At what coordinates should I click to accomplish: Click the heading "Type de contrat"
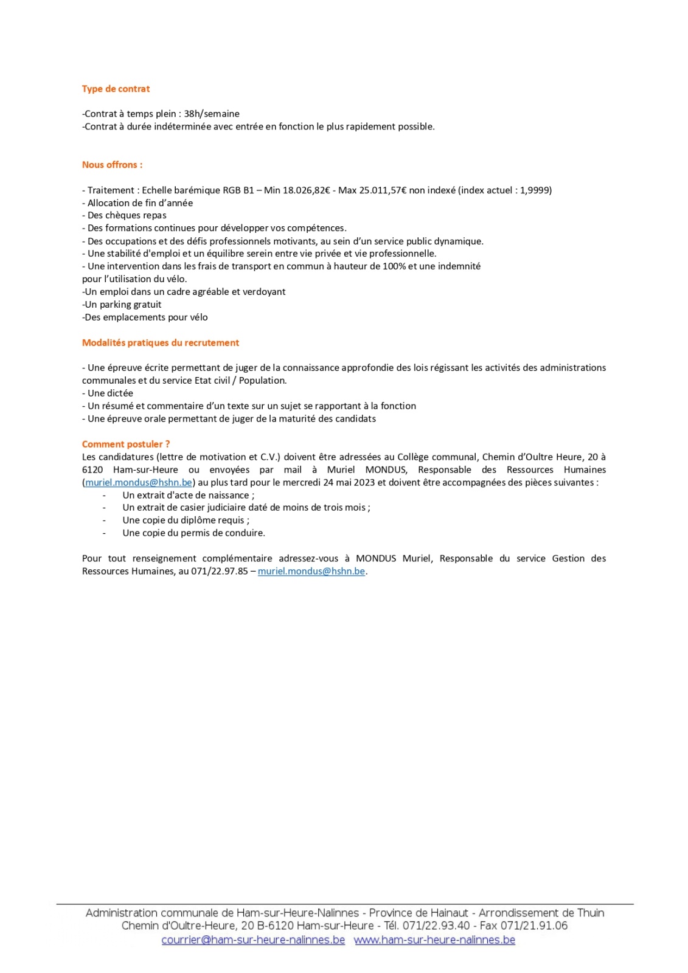[x=116, y=89]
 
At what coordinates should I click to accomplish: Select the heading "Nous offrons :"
[x=112, y=165]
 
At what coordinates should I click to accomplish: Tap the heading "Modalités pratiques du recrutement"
[x=161, y=343]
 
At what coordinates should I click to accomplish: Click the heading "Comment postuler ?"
[x=126, y=445]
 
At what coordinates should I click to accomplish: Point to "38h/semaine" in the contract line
[x=212, y=114]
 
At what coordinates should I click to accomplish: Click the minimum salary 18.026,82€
[x=306, y=190]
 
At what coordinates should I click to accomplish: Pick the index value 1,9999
[x=534, y=190]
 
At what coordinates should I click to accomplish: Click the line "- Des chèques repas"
[x=124, y=215]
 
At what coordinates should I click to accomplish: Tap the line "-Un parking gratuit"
[x=122, y=305]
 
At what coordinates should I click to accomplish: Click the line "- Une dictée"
[x=108, y=393]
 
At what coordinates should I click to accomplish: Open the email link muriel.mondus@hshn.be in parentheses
[x=139, y=483]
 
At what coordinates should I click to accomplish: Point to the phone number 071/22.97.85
[x=220, y=572]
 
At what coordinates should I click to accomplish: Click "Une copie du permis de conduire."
[x=193, y=533]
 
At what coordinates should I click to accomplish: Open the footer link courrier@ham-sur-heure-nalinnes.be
[x=253, y=940]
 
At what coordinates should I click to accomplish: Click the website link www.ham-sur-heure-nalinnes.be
[x=434, y=940]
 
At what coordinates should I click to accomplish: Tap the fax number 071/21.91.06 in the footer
[x=534, y=926]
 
